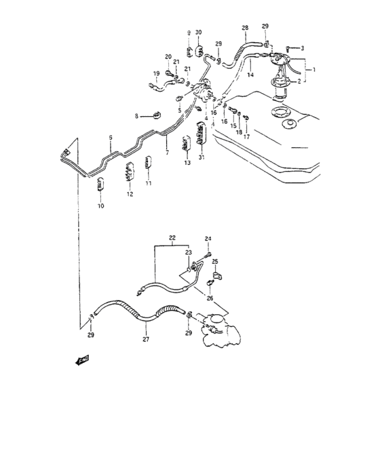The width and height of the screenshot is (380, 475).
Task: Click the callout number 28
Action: (245, 28)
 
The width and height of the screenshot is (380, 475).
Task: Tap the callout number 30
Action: (198, 33)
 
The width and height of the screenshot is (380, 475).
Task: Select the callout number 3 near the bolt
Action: (303, 47)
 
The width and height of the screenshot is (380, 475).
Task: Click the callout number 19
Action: (155, 73)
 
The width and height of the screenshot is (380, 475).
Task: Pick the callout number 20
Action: (168, 56)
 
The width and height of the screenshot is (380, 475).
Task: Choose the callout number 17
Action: (247, 136)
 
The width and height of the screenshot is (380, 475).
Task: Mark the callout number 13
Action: (187, 164)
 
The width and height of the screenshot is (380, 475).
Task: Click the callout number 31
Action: (202, 159)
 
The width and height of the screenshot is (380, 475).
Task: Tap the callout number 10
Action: (100, 206)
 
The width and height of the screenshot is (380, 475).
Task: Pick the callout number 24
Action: (208, 238)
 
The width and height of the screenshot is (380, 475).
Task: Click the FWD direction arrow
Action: (83, 362)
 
